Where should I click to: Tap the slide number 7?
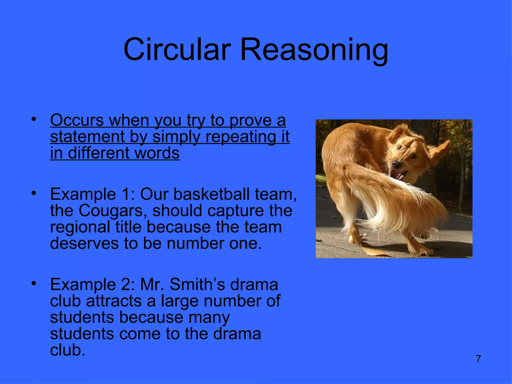(x=478, y=359)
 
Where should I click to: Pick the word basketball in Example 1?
(x=211, y=194)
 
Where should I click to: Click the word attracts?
(x=114, y=301)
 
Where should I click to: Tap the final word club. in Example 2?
(x=67, y=350)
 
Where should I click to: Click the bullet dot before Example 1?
(x=34, y=193)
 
